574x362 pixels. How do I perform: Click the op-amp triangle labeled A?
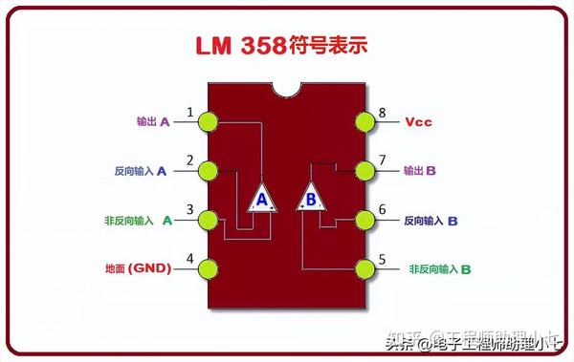click(261, 199)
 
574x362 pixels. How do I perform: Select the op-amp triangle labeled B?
click(311, 199)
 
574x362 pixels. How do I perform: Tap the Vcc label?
click(418, 122)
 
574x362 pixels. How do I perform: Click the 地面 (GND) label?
click(137, 268)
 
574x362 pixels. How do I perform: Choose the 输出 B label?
click(419, 171)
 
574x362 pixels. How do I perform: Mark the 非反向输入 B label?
click(439, 269)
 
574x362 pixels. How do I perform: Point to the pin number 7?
click(382, 160)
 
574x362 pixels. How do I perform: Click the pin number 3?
click(189, 209)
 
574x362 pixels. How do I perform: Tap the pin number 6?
click(382, 209)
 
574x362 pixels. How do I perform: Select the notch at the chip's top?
click(286, 89)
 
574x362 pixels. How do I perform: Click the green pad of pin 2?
click(208, 171)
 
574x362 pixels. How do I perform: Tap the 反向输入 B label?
click(430, 221)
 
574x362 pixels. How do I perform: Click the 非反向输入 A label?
click(138, 221)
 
